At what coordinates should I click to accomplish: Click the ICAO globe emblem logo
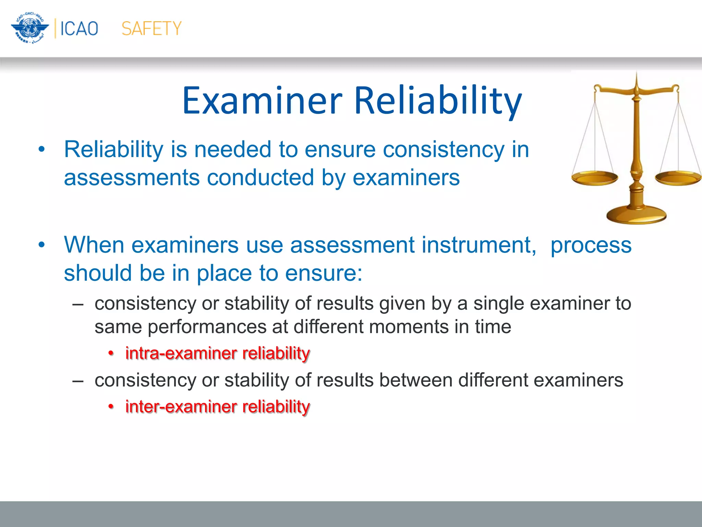pyautogui.click(x=30, y=28)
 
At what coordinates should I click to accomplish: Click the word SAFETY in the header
pyautogui.click(x=152, y=28)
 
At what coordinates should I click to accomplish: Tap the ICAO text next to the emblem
pyautogui.click(x=79, y=28)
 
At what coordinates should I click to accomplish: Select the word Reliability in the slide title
pyautogui.click(x=438, y=101)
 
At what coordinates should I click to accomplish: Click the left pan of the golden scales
pyautogui.click(x=594, y=178)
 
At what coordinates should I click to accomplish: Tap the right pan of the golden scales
pyautogui.click(x=678, y=178)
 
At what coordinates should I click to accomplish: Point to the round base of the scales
pyautogui.click(x=636, y=215)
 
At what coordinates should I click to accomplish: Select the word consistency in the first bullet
pyautogui.click(x=444, y=150)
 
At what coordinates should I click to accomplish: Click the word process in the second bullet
pyautogui.click(x=591, y=245)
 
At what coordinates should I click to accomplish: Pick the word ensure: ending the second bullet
pyautogui.click(x=324, y=273)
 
